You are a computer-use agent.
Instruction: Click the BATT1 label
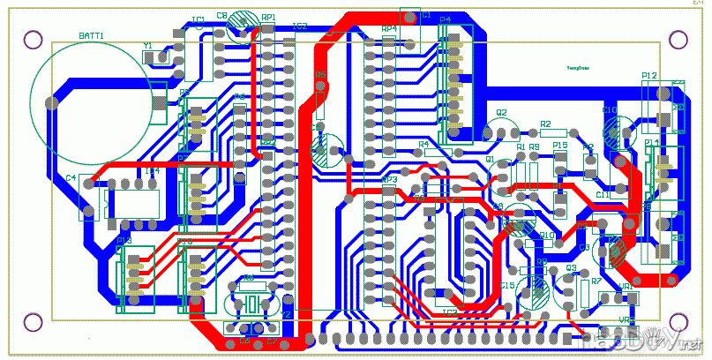click(91, 35)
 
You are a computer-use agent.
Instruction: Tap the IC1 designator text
click(198, 19)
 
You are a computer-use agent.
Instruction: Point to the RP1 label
click(268, 17)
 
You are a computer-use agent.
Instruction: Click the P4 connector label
click(445, 19)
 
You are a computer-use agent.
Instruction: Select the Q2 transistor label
click(501, 113)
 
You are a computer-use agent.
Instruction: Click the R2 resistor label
click(545, 124)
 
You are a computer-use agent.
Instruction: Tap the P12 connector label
click(650, 77)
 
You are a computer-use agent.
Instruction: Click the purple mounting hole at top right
click(678, 39)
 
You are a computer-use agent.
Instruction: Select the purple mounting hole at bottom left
click(33, 321)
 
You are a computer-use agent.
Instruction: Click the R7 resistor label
click(596, 281)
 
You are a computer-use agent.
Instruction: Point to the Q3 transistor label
click(570, 267)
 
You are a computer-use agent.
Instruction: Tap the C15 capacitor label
click(507, 286)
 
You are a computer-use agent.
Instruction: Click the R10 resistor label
click(546, 236)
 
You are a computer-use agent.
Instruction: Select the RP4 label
click(388, 28)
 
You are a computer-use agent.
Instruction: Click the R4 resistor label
click(423, 144)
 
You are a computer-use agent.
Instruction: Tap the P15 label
click(559, 145)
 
